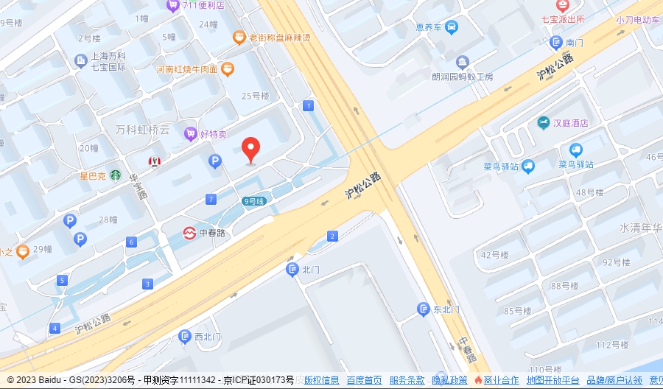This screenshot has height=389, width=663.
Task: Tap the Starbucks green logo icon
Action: coord(116,175)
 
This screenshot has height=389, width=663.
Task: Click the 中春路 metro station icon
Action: coord(189,233)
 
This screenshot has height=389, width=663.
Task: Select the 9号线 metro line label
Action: coord(253,200)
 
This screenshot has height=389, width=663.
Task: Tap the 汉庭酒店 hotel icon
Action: coord(543,122)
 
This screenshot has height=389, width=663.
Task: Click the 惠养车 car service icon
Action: coord(452,27)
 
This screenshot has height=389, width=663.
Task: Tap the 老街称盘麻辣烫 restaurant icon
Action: coord(239,37)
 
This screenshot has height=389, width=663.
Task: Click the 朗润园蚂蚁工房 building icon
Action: coord(462,61)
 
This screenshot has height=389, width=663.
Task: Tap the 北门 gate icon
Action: coord(292,270)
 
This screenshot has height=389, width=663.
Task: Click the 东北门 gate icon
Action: coord(423,309)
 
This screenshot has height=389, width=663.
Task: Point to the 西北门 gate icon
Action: coord(185,337)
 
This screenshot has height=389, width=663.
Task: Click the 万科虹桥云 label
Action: coord(142,130)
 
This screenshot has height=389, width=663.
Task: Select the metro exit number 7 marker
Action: coord(211,200)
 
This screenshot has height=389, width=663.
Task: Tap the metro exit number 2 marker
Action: coord(333,236)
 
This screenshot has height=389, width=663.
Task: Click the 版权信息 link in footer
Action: coord(321,380)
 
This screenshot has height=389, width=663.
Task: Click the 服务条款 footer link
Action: coord(407,380)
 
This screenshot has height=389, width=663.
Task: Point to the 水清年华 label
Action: coord(640,228)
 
